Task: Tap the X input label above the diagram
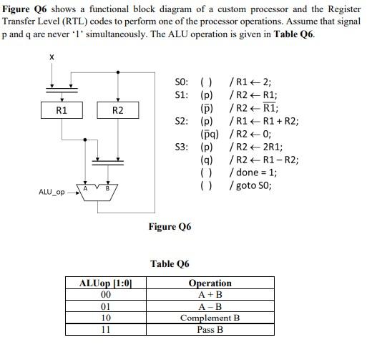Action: pyautogui.click(x=52, y=57)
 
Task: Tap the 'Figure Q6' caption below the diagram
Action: pyautogui.click(x=170, y=227)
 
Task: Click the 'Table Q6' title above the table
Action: pyautogui.click(x=170, y=264)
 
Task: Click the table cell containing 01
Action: pyautogui.click(x=106, y=306)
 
